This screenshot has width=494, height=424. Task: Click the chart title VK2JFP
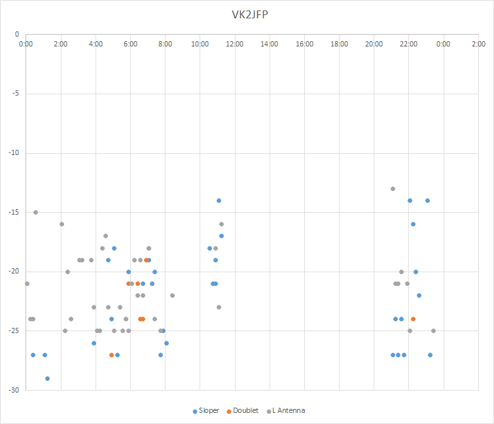(x=247, y=14)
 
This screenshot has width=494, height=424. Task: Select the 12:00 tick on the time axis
(x=235, y=44)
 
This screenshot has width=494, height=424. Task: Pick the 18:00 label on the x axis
(x=339, y=44)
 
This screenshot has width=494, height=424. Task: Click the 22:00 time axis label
(x=408, y=44)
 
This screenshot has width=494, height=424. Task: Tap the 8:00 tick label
(x=165, y=44)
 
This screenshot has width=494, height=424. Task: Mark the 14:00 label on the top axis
(x=270, y=44)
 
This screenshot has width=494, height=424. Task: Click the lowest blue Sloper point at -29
(x=47, y=378)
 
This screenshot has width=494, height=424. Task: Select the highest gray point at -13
(x=393, y=188)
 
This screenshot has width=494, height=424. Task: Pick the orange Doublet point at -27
(x=111, y=355)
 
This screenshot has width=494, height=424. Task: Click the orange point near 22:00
(x=413, y=319)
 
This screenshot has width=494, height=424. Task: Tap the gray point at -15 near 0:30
(x=35, y=212)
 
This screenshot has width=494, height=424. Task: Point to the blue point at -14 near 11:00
(x=219, y=200)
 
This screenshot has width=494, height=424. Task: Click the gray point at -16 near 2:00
(x=62, y=224)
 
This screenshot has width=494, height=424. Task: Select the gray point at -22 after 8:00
(x=172, y=295)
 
